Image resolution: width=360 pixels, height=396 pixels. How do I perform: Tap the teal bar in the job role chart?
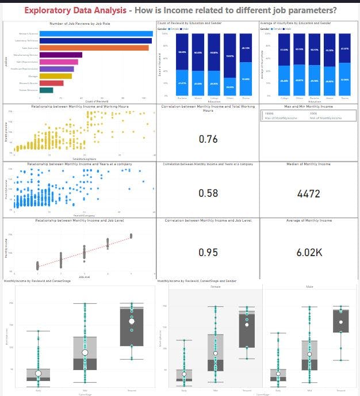pyautogui.click(x=46, y=90)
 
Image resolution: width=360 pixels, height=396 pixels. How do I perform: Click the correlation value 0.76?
pyautogui.click(x=208, y=139)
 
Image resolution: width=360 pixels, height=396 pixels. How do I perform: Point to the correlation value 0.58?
pyautogui.click(x=208, y=193)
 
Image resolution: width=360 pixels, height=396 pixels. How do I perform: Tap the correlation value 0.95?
pyautogui.click(x=208, y=252)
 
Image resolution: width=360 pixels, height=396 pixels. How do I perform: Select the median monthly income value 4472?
pyautogui.click(x=308, y=194)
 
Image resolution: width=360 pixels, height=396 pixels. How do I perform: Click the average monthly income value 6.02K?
pyautogui.click(x=308, y=252)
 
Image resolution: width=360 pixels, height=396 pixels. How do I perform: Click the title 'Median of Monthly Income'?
pyautogui.click(x=308, y=164)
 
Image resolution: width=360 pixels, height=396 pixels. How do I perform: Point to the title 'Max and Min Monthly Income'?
pyautogui.click(x=308, y=107)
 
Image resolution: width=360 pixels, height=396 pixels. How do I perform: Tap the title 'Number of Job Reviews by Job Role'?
pyautogui.click(x=80, y=22)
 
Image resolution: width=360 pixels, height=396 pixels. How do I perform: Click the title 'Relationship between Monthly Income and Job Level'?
pyautogui.click(x=80, y=220)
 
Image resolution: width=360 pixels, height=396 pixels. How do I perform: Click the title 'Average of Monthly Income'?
pyautogui.click(x=308, y=220)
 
